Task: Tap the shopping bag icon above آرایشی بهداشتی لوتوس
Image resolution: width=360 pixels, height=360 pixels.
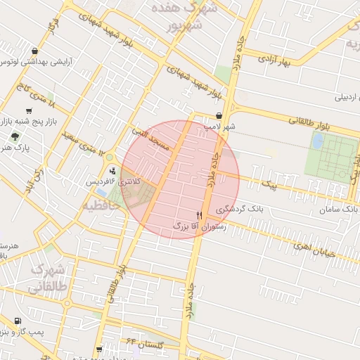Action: [x=35, y=51]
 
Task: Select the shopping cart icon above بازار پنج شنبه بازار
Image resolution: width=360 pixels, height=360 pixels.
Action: [x=29, y=110]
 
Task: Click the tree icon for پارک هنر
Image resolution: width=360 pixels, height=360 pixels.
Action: [x=14, y=136]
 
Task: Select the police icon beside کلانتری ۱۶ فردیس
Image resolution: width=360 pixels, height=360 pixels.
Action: [x=112, y=171]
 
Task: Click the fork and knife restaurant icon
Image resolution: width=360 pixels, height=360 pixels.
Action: [x=199, y=215]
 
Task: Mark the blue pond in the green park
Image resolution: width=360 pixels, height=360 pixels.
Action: [x=317, y=141]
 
